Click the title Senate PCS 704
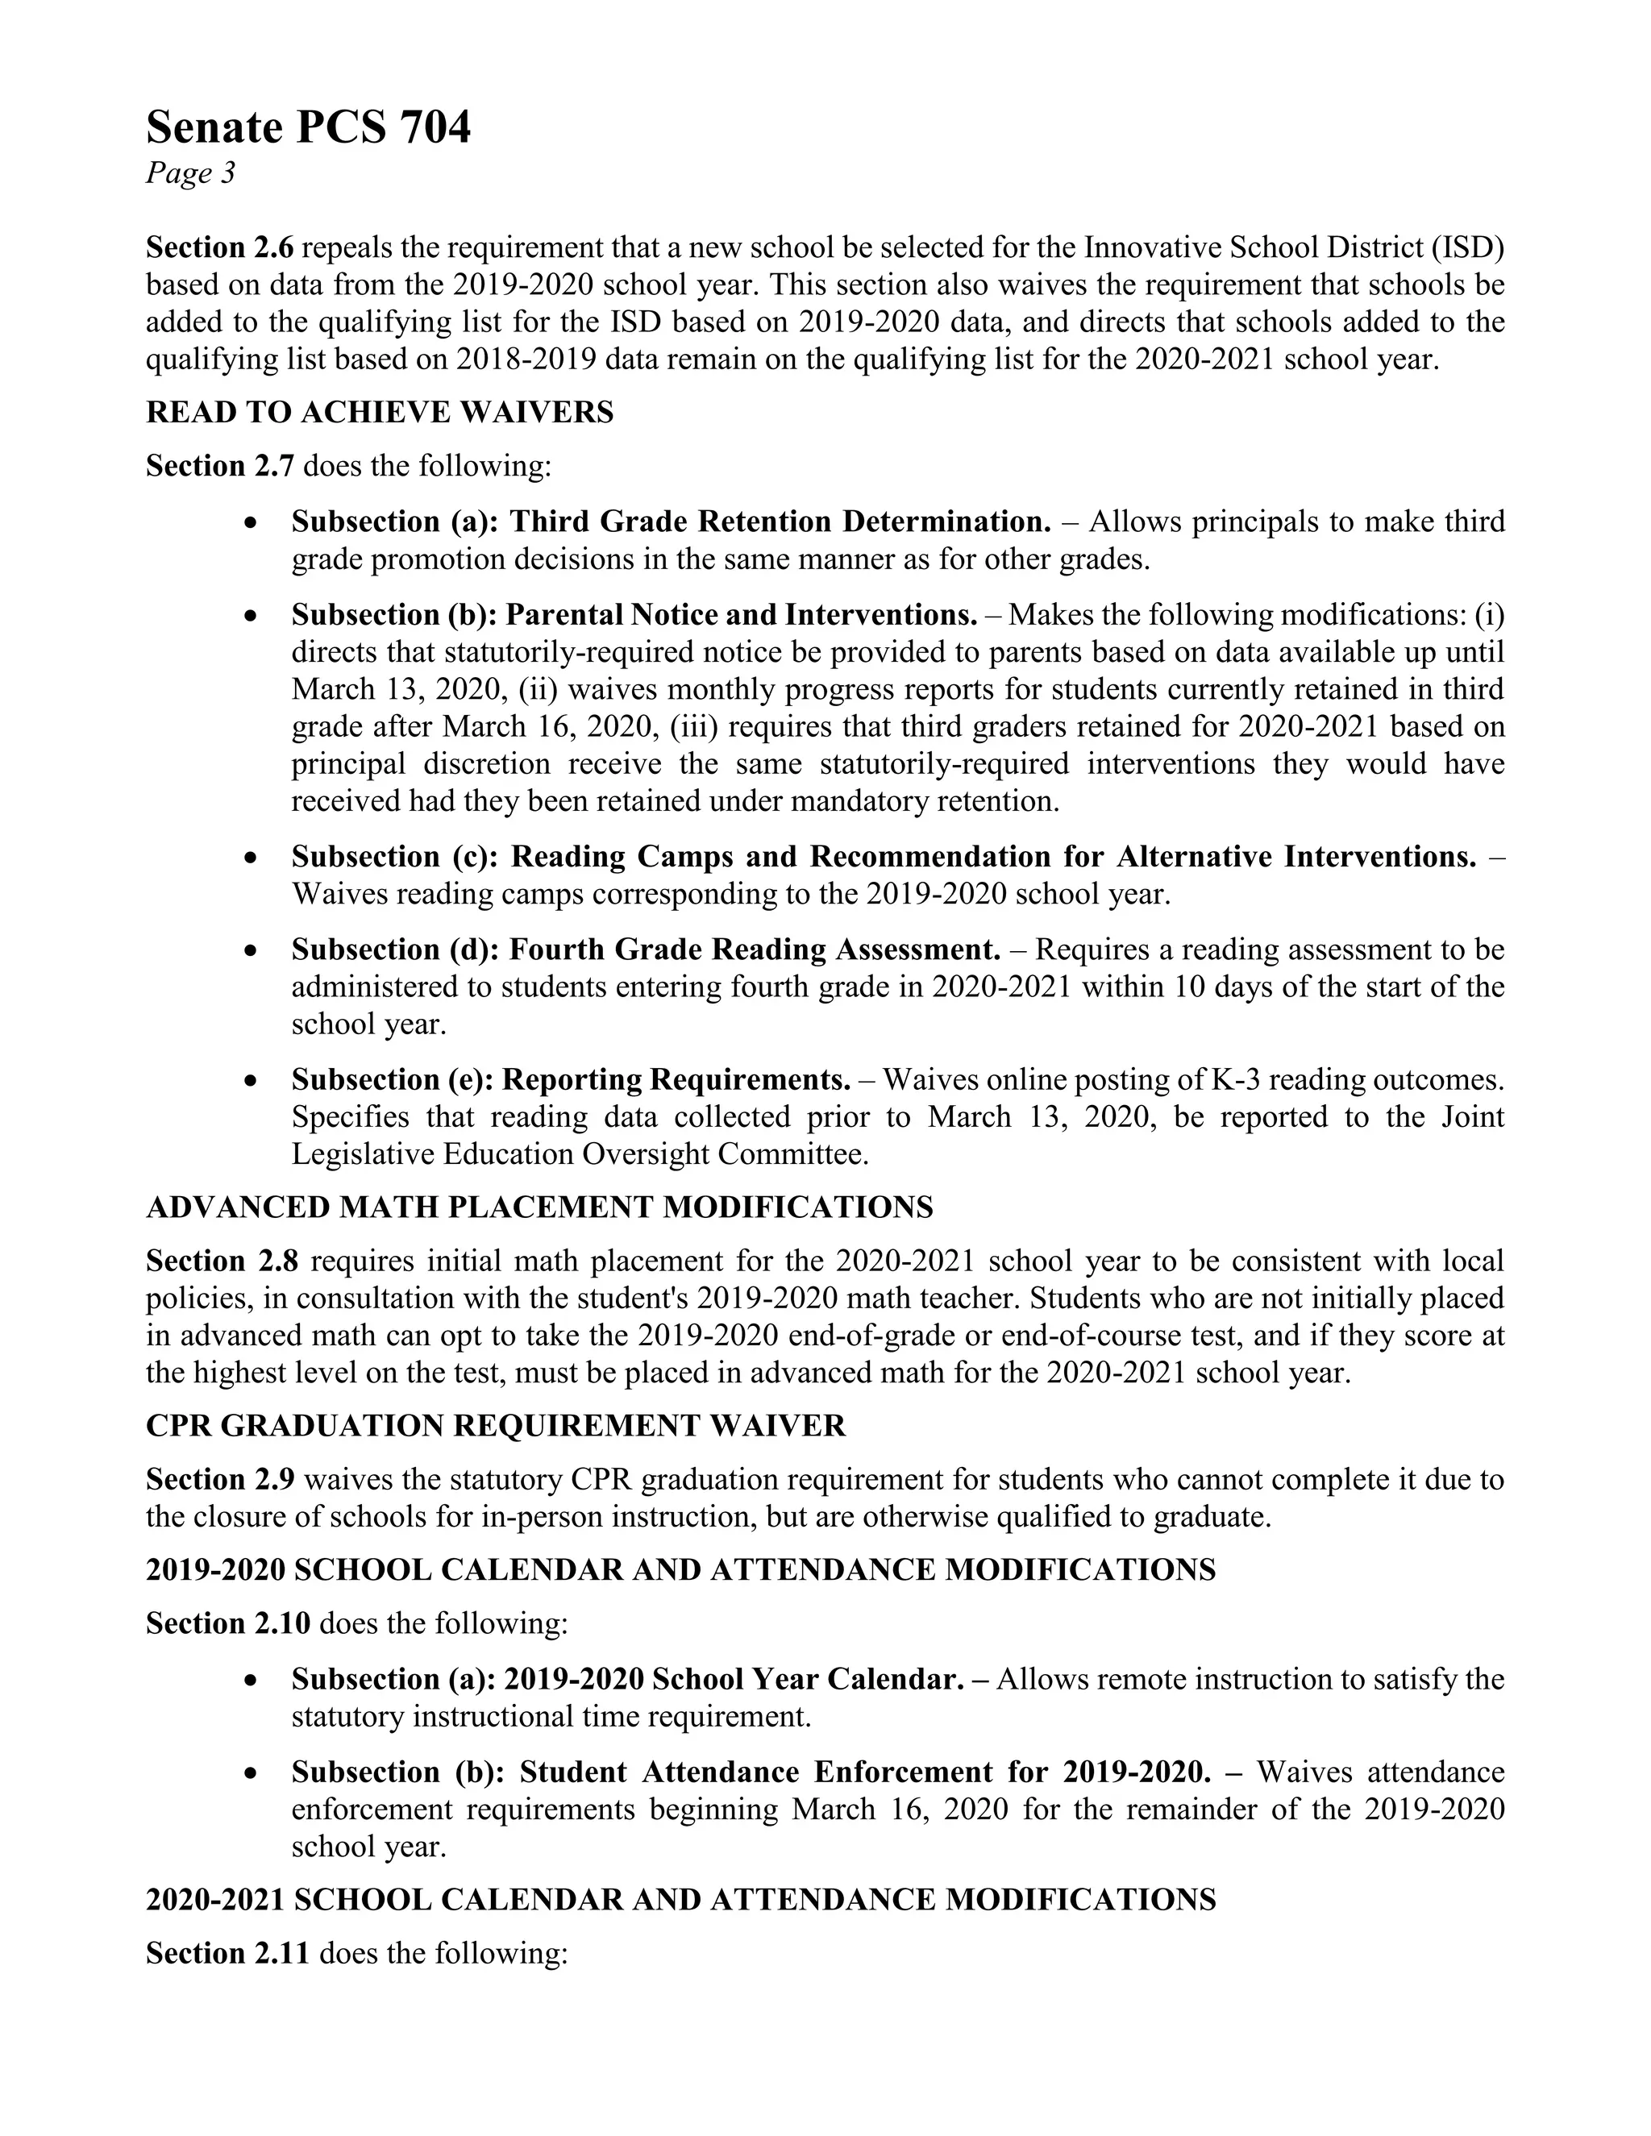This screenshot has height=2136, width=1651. click(x=308, y=128)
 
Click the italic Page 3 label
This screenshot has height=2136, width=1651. click(x=191, y=173)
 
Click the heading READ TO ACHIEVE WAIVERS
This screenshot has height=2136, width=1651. click(x=380, y=413)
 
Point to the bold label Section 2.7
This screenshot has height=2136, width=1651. click(x=219, y=466)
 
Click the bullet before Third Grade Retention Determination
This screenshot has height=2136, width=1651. click(x=252, y=523)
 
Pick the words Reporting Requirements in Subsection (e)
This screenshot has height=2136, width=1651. click(x=675, y=1080)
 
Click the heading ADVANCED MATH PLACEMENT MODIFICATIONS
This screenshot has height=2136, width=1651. click(x=539, y=1208)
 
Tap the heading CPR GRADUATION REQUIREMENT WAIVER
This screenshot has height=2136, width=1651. click(x=496, y=1426)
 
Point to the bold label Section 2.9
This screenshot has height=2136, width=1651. click(x=219, y=1480)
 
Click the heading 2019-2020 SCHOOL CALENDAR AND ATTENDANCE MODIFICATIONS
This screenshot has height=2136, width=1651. click(x=680, y=1569)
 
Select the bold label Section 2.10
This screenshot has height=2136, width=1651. click(x=228, y=1623)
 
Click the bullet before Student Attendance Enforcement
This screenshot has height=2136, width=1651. click(x=252, y=1774)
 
